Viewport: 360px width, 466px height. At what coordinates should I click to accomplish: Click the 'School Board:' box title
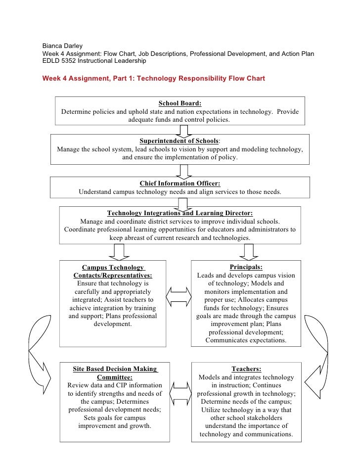180,103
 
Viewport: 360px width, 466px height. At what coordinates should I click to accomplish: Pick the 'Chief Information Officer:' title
180,183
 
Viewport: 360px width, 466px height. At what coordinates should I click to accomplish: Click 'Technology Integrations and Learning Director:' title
180,213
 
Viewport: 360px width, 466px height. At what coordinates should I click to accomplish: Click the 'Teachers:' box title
246,369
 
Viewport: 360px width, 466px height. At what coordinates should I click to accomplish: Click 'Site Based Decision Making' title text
115,369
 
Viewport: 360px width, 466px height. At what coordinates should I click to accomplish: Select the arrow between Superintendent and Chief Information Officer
183,171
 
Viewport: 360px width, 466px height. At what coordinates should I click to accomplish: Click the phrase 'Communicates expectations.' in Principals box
246,341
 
